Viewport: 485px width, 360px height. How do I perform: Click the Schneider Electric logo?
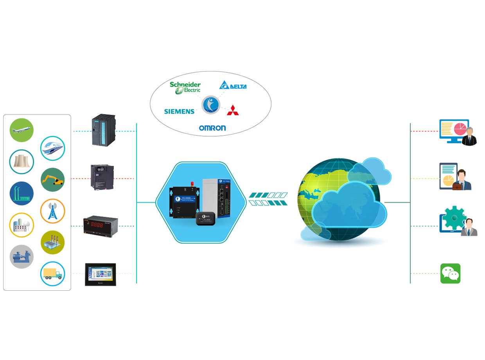[185, 88]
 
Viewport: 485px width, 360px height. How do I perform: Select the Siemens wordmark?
[179, 112]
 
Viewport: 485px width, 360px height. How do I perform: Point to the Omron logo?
[212, 128]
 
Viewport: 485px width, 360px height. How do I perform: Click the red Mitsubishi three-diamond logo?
[234, 110]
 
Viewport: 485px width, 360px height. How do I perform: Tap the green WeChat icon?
[450, 273]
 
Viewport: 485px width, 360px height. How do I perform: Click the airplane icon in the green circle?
[22, 130]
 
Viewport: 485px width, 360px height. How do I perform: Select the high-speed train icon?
[52, 148]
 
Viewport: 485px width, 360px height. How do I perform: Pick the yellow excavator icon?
[53, 180]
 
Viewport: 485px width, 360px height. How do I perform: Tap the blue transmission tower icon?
[52, 211]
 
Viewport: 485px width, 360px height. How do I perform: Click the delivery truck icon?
[52, 273]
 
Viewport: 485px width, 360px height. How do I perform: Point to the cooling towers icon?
[22, 161]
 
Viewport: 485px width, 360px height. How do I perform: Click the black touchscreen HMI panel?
[101, 274]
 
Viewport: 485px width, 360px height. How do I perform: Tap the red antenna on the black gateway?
[193, 184]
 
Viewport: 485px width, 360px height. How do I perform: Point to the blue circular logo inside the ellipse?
[211, 104]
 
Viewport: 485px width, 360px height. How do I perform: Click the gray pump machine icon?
[22, 257]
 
